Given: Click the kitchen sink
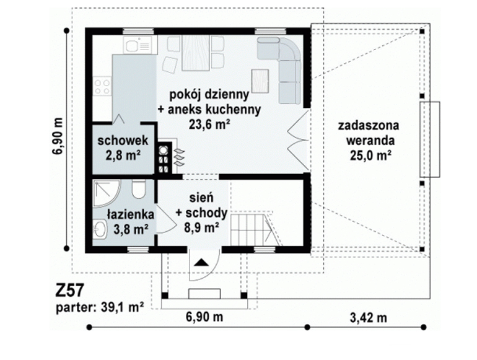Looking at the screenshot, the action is coord(138,45).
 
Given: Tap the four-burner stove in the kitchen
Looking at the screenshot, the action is coord(102,86).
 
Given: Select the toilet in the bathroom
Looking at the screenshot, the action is coord(139,189).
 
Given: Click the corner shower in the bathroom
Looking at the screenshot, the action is coord(107,193).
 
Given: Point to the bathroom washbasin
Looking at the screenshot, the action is coord(100,229).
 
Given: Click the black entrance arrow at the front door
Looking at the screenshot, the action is coord(201,262).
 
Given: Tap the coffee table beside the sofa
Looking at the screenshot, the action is coord(260,81).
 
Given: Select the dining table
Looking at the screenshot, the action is coord(196,53).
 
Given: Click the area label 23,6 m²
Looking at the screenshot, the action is coord(209,124).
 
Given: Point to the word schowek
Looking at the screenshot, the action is coord(123,141).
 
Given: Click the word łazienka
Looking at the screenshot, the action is coord(130,214).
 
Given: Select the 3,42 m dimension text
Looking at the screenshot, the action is coord(369,318).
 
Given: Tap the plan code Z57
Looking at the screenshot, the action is coord(69,291).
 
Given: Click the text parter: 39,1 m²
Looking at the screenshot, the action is coord(100,307).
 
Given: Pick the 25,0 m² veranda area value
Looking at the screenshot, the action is coord(370,156).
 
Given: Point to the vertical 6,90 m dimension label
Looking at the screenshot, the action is coord(58,136).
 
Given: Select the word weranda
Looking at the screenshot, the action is coord(370,141).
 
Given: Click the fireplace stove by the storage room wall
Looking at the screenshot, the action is coord(164,157).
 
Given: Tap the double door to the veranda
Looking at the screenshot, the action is coord(299,141).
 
